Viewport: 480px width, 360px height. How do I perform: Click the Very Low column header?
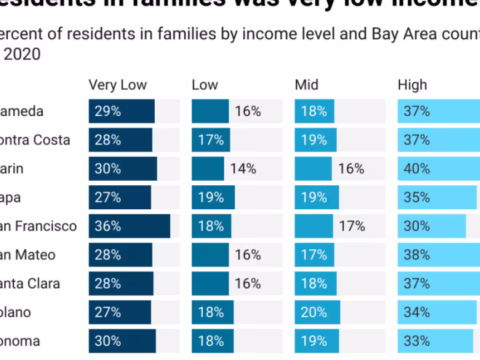click(117, 85)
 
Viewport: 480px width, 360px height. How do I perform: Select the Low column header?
click(205, 85)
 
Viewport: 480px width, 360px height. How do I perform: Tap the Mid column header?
click(307, 85)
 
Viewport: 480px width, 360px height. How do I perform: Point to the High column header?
click(412, 85)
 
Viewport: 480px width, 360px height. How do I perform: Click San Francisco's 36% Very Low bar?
click(129, 226)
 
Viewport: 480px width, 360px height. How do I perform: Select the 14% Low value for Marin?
click(243, 169)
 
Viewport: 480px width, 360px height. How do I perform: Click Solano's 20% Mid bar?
click(317, 312)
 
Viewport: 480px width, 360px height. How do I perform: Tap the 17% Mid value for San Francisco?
click(352, 226)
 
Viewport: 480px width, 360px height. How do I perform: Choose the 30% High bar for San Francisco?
click(431, 226)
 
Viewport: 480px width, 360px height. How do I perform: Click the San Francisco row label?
click(38, 226)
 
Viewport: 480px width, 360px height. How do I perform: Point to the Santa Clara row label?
click(29, 283)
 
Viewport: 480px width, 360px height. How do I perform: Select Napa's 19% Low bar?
click(213, 197)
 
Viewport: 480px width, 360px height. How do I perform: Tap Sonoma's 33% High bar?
click(434, 341)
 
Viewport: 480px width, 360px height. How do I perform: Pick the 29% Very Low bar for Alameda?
click(121, 111)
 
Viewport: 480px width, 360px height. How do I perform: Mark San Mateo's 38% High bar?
click(437, 255)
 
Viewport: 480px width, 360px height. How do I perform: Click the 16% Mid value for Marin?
click(351, 169)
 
